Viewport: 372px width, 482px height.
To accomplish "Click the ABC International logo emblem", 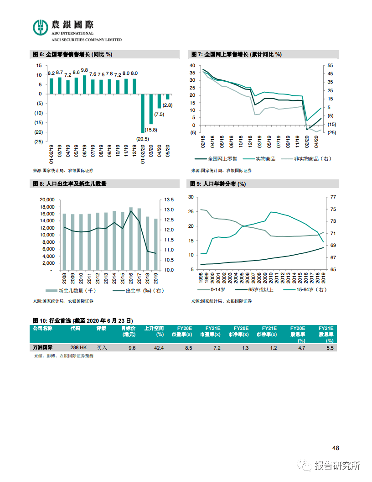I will coord(41,27).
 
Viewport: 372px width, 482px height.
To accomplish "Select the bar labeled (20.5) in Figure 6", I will coord(143,113).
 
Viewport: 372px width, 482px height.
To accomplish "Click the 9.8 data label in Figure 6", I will coord(84,70).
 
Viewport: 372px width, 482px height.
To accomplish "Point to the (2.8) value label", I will coord(167,105).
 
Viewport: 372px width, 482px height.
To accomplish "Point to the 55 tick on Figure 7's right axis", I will coord(330,66).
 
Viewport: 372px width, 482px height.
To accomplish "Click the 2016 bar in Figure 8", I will coord(131,238).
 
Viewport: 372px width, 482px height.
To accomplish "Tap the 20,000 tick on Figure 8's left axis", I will coord(47,199).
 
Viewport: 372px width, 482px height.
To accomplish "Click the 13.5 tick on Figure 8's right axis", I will coord(170,199).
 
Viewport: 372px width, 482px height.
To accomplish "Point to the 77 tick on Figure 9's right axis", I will coord(333,197).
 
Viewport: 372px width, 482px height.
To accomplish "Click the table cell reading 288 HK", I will coord(78,348).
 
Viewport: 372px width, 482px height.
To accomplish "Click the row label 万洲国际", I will coord(43,348).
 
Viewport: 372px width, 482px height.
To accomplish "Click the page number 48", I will coord(336,448).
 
